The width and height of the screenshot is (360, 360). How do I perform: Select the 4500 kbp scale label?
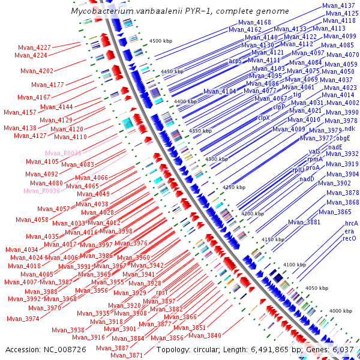(161, 41)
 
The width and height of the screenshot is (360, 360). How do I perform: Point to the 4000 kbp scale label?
(340, 311)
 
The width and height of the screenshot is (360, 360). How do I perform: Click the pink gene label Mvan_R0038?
(63, 154)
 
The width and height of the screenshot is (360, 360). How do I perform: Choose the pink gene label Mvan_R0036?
(42, 191)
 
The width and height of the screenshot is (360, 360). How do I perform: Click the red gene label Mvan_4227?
(34, 47)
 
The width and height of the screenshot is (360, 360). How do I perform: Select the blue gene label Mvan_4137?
(338, 5)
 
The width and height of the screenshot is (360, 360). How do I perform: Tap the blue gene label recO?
(350, 239)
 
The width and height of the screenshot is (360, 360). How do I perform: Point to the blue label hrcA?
(351, 223)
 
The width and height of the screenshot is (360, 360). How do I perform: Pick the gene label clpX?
(265, 118)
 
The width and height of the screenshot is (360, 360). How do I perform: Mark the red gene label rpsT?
(162, 292)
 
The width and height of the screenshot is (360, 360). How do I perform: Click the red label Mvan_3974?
(23, 319)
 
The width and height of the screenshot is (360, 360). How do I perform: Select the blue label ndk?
(350, 129)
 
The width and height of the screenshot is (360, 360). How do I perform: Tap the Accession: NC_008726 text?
(38, 350)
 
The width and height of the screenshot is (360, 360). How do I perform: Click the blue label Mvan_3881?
(304, 223)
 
